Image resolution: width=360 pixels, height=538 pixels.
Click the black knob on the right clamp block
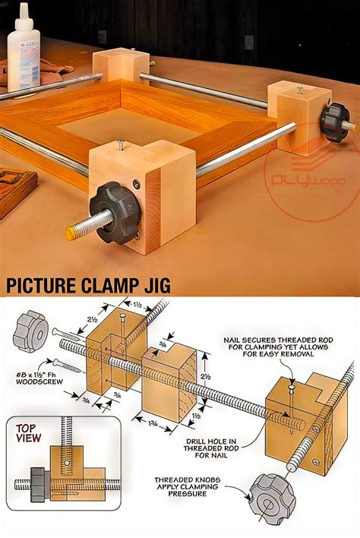coord(333,119)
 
